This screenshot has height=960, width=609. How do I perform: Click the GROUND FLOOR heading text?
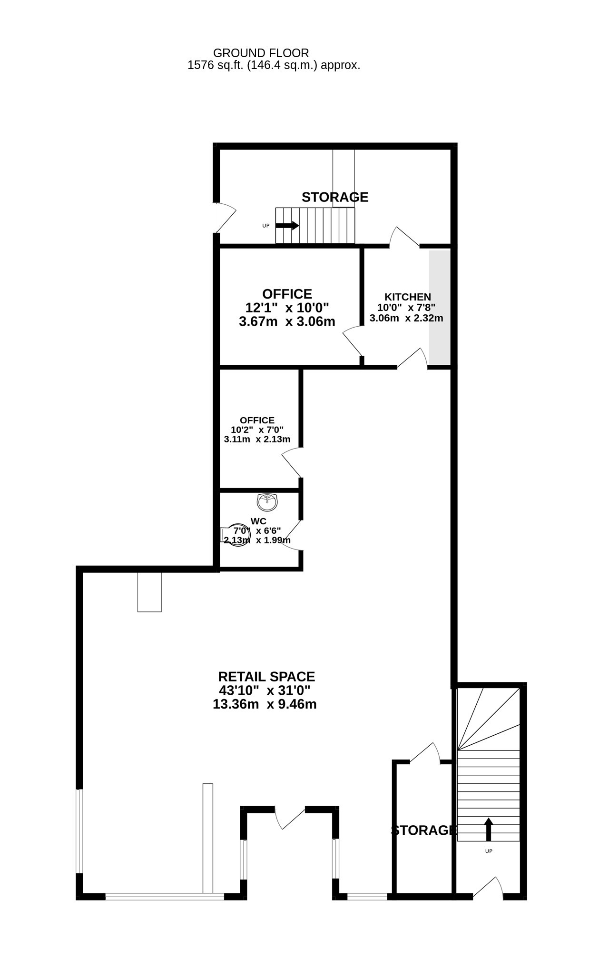[x=261, y=53]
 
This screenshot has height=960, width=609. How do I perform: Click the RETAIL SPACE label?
[x=266, y=677]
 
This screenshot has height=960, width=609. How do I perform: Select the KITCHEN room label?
[x=408, y=297]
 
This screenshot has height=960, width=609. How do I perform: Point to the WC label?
[x=258, y=521]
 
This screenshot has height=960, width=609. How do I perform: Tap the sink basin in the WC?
[x=267, y=501]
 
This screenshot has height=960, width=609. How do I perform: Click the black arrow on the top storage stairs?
[x=287, y=226]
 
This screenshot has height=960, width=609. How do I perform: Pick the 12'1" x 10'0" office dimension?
[x=287, y=308]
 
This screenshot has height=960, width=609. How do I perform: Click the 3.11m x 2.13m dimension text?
[x=257, y=439]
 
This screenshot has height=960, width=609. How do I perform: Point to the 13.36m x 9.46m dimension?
[x=265, y=704]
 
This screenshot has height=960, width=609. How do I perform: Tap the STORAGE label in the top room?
[x=335, y=197]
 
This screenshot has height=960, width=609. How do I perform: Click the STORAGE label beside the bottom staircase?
[x=424, y=830]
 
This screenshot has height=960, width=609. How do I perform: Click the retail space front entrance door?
[x=290, y=818]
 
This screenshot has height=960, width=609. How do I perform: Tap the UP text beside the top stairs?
[x=266, y=226]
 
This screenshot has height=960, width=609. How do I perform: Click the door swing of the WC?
[x=292, y=535]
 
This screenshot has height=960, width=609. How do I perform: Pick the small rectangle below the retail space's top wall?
[x=149, y=592]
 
